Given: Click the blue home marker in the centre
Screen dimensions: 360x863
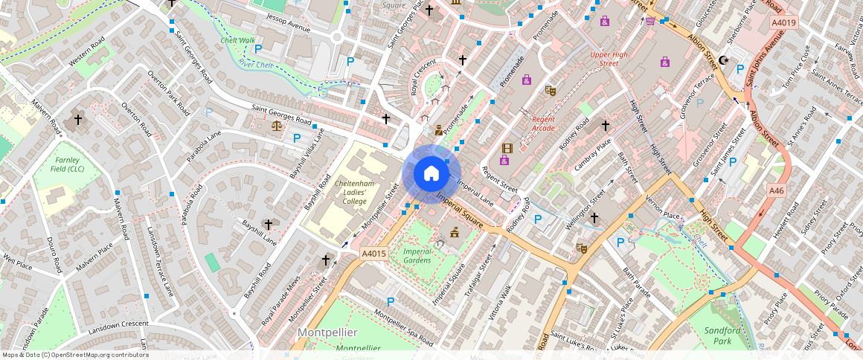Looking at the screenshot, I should coord(431,173).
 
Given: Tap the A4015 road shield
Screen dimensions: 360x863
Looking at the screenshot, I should coord(375,254).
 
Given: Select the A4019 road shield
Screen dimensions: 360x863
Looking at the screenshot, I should coord(783,23).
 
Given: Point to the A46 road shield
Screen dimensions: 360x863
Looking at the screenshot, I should coord(777,191).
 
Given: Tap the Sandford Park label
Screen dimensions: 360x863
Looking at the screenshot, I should coord(720,335).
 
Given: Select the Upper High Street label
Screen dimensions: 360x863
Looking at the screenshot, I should coord(609,59).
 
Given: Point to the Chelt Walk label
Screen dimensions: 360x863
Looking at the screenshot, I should coord(237,41).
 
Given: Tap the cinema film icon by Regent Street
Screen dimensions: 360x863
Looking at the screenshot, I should coord(507,149).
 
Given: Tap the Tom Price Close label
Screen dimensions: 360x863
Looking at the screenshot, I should coord(796,67).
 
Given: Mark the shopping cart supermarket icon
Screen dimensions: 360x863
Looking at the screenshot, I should coord(650,20).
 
